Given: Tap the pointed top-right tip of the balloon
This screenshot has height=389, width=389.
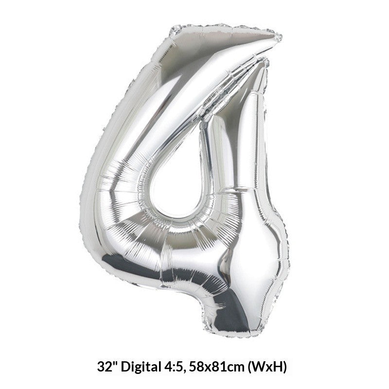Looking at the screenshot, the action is click(280, 37).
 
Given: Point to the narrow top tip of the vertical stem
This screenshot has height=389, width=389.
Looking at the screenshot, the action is click(263, 61).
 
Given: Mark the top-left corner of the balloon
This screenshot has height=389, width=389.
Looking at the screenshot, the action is click(174, 29).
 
